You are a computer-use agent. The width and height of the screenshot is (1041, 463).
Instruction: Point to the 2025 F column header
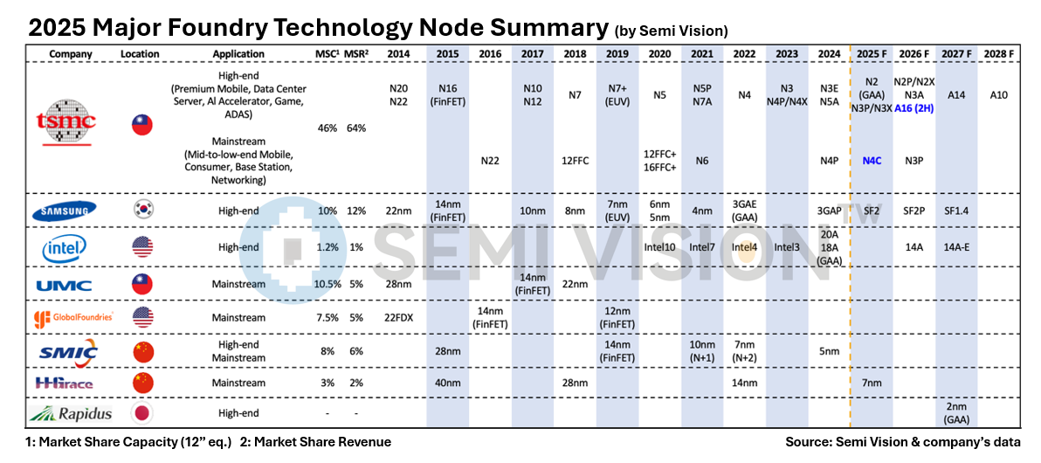[x=872, y=53]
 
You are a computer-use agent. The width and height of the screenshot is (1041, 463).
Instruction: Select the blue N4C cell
[x=872, y=162]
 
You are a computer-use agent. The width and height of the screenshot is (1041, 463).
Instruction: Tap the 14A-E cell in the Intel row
[x=956, y=247]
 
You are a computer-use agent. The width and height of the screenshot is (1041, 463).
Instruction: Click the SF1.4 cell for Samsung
[x=956, y=210]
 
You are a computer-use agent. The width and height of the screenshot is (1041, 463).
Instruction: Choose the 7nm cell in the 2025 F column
[x=872, y=383]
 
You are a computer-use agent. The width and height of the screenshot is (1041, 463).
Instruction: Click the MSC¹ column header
[x=327, y=53]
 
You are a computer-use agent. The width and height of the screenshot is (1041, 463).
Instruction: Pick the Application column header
[x=238, y=53]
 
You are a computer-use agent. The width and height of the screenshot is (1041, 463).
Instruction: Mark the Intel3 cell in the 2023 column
[x=787, y=247]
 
